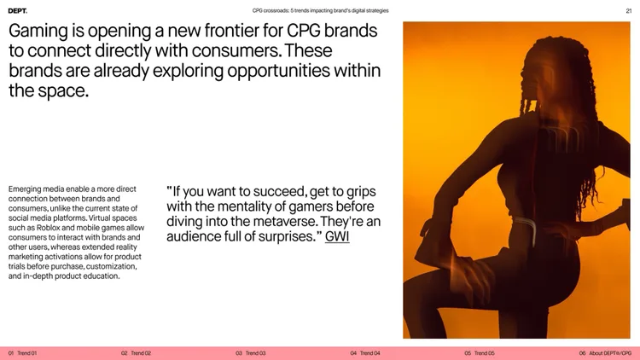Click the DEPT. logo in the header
(18, 11)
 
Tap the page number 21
(629, 11)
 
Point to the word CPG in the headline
(303, 31)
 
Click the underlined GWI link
(337, 237)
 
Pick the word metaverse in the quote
(284, 222)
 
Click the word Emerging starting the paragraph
(25, 189)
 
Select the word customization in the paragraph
(112, 266)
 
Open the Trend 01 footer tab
(22, 353)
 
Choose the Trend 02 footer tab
(136, 353)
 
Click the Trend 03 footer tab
(251, 353)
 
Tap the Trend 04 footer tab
(365, 353)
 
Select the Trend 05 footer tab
(480, 353)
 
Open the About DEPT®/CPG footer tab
(605, 353)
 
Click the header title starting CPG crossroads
(320, 10)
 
